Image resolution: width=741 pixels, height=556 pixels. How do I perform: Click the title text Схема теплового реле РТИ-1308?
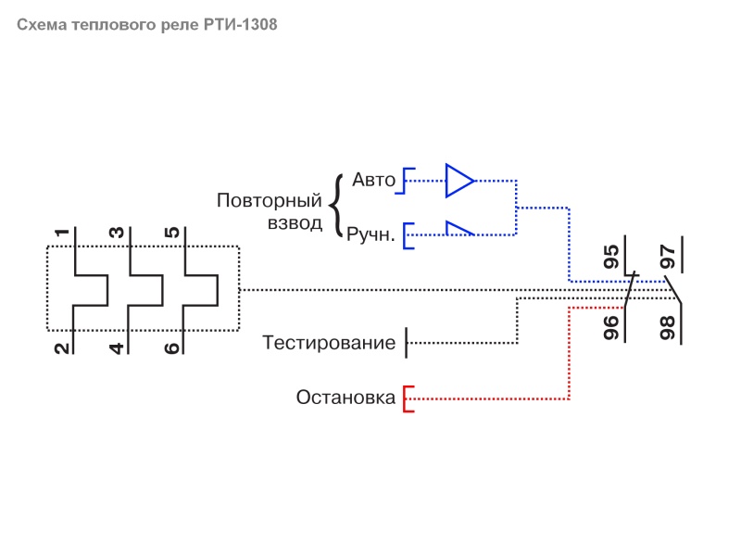click(146, 25)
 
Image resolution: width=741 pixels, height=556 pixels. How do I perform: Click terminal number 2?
click(61, 349)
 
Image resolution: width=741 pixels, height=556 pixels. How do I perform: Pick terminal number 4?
click(117, 349)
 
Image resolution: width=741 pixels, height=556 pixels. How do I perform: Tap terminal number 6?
click(171, 349)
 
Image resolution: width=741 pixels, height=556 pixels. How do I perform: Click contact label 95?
click(611, 257)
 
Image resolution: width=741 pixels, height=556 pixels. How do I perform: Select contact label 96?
click(611, 328)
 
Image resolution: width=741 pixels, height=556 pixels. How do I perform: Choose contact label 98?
click(667, 328)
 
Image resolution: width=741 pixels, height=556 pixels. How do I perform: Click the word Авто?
click(374, 180)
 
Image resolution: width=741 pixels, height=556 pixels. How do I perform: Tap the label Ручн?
click(370, 236)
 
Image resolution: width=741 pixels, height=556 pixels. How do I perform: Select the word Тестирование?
click(329, 343)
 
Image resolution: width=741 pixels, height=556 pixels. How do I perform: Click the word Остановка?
click(345, 398)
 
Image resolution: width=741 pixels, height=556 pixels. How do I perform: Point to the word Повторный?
click(269, 200)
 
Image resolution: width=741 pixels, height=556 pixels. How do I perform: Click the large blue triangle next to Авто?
click(458, 180)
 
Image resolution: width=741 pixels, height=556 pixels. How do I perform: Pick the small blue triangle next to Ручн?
click(458, 229)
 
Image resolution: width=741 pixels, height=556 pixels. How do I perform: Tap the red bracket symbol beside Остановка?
click(407, 398)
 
